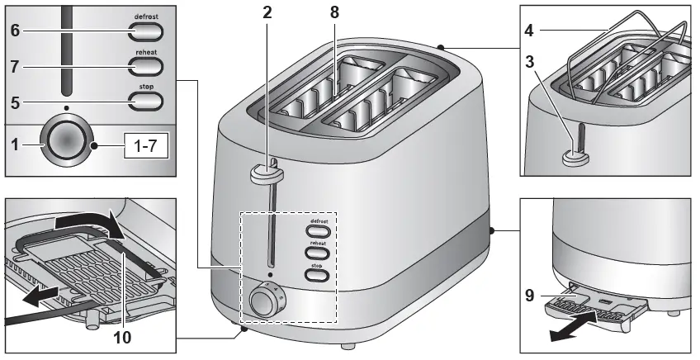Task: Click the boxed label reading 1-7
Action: pos(146,147)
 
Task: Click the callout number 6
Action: pos(16,31)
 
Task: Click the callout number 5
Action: pos(16,102)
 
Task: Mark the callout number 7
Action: pos(16,67)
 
